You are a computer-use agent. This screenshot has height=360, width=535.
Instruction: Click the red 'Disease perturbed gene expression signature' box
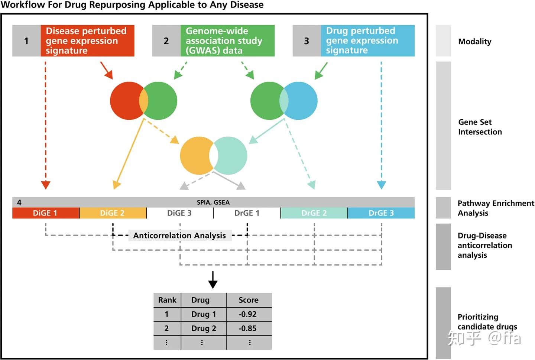tap(87, 41)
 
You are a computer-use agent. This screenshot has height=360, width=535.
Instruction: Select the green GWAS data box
tap(227, 41)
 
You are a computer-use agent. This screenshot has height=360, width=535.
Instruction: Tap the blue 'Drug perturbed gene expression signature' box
tap(367, 41)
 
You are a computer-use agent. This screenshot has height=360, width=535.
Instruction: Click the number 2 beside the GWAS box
tap(166, 41)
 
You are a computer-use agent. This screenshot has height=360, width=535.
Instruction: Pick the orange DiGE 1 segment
tap(45, 213)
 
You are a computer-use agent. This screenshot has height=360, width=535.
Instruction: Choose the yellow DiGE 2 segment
tap(113, 213)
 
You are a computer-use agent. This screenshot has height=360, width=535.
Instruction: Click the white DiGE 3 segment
tap(179, 213)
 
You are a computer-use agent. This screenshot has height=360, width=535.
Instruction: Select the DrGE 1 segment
tap(247, 213)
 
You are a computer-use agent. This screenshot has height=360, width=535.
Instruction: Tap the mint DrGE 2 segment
tap(314, 213)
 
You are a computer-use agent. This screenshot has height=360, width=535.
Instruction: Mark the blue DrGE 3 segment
tap(381, 213)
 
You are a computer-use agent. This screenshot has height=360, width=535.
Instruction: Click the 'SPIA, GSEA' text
tap(213, 202)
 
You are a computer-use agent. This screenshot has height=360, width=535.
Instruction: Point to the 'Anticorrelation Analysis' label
tap(179, 236)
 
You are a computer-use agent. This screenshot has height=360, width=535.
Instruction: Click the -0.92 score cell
tap(248, 314)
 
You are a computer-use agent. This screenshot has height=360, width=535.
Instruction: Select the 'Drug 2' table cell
tap(203, 328)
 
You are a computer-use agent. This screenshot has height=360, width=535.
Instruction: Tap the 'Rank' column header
tap(167, 300)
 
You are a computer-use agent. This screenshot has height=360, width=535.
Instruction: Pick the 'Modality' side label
tap(474, 42)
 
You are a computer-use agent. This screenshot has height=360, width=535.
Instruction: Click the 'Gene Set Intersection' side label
tap(480, 127)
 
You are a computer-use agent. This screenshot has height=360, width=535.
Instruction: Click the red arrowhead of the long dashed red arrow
tap(46, 185)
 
